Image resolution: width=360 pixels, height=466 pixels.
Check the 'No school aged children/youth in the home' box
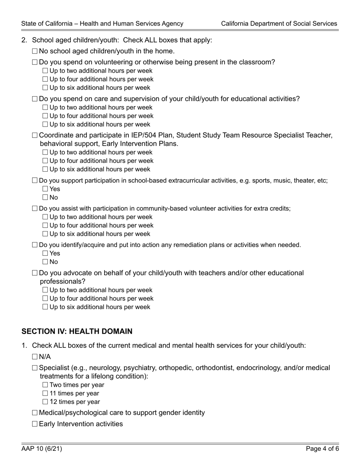coord(35,51)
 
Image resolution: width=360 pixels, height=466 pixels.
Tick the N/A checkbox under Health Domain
coord(35,357)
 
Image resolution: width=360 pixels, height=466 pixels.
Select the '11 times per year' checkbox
coord(45,393)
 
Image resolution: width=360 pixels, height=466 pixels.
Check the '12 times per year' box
coord(45,402)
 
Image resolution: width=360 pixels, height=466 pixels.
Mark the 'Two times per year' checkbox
coord(45,385)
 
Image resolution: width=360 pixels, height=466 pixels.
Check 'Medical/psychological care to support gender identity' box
coord(35,413)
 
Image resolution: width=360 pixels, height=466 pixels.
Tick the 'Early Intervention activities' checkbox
coord(35,424)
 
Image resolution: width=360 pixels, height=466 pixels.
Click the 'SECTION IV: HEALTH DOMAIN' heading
coord(77,332)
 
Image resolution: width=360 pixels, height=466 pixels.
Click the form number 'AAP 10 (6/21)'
coord(42,449)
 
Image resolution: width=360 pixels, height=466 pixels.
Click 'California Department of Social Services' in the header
coord(279,23)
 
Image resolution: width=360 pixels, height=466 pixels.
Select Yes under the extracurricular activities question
coord(45,189)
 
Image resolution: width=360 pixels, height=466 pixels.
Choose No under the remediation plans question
coord(45,262)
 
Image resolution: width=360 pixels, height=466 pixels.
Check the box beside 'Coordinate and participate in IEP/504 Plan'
coord(35,135)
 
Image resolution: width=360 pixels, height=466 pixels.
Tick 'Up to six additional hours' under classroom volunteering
coord(45,88)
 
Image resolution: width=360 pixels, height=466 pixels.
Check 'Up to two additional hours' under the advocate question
coord(45,290)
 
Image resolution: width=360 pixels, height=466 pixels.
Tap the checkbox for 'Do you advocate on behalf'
coord(35,273)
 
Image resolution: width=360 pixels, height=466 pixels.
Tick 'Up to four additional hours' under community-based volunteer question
coord(45,225)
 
